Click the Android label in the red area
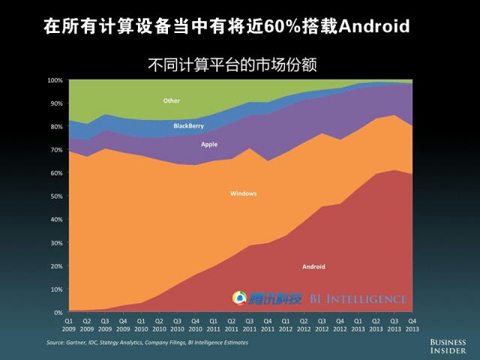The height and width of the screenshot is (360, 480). point(313,266)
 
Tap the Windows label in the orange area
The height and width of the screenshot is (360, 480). point(243,193)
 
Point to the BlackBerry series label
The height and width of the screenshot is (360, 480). point(188,126)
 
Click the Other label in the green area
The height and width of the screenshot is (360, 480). point(171,100)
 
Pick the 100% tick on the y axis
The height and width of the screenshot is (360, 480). point(55,79)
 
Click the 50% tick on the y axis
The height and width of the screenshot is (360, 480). point(56,196)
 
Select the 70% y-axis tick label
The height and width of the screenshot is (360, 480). point(56,149)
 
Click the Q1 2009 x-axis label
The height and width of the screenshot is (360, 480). point(69,325)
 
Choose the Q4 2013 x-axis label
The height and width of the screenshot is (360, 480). point(411,325)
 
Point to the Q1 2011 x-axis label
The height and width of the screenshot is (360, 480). point(213,325)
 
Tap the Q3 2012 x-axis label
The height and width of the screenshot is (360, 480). point(321,325)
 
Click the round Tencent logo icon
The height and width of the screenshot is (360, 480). point(240,298)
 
